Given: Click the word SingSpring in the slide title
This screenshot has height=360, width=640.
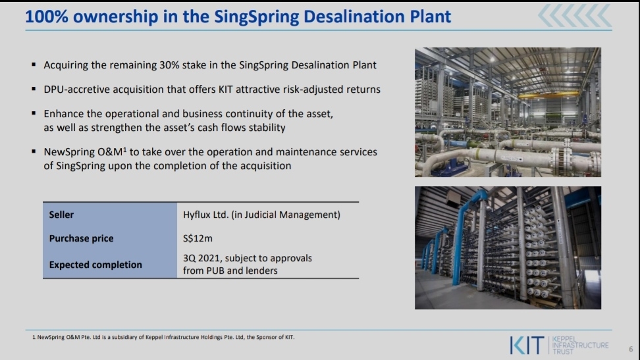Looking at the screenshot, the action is pyautogui.click(x=256, y=16).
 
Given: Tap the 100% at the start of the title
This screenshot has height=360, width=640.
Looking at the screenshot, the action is pyautogui.click(x=47, y=16).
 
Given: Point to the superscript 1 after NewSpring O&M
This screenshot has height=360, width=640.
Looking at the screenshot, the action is pyautogui.click(x=125, y=149).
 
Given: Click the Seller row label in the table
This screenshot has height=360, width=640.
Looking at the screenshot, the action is pyautogui.click(x=61, y=215).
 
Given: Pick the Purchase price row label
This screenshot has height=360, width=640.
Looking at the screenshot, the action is pyautogui.click(x=81, y=238).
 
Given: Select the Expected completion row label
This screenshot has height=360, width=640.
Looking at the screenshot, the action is pyautogui.click(x=95, y=265).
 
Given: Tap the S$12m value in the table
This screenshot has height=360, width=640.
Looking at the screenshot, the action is pyautogui.click(x=198, y=238).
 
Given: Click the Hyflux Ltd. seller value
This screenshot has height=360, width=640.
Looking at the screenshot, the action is pyautogui.click(x=205, y=215).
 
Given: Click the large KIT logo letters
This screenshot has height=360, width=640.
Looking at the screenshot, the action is pyautogui.click(x=527, y=346).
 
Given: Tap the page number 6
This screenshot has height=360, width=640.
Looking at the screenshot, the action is pyautogui.click(x=631, y=349).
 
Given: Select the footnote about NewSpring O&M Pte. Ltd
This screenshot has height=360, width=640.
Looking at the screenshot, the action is pyautogui.click(x=163, y=337).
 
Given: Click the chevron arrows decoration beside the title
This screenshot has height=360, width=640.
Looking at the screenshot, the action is pyautogui.click(x=575, y=16).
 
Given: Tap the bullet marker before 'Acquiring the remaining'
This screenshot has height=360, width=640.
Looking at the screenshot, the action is pyautogui.click(x=34, y=64).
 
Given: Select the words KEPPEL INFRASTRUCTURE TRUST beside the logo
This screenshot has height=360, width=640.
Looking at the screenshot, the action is pyautogui.click(x=580, y=346).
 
